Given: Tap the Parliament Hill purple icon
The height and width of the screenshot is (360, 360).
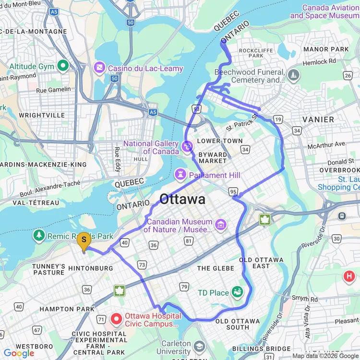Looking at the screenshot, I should click(x=180, y=172).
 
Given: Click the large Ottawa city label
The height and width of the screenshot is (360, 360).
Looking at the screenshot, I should click(x=182, y=199).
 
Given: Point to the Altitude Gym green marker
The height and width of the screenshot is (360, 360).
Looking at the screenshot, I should click(x=62, y=65).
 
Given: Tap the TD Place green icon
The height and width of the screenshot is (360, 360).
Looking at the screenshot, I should click(x=237, y=291).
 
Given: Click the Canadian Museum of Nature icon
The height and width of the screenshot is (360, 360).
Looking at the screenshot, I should click(x=220, y=224).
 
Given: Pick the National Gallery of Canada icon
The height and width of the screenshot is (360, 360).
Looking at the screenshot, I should click(x=188, y=144).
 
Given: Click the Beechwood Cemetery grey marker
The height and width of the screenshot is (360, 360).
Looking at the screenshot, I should click(x=293, y=74).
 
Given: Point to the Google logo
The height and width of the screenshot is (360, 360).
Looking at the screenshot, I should click(x=19, y=353).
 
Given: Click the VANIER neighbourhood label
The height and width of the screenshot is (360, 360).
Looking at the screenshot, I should click(x=318, y=119).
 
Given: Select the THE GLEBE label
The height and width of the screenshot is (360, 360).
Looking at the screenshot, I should click(x=216, y=268).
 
